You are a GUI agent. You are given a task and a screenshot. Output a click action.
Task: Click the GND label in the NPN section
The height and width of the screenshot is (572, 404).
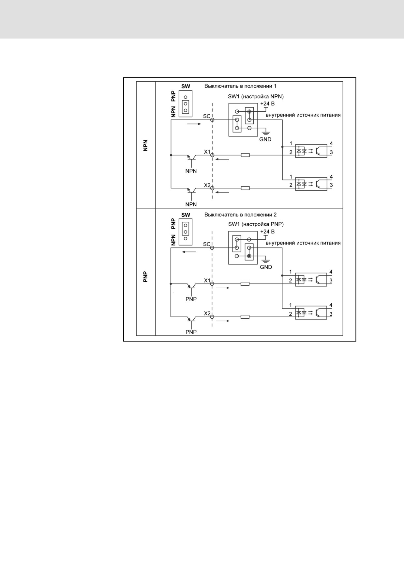point(265,139)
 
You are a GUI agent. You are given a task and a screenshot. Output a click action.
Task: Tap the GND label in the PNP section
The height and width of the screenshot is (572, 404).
point(266,267)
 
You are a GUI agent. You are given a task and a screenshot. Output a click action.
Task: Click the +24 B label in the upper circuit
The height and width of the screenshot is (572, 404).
point(267,103)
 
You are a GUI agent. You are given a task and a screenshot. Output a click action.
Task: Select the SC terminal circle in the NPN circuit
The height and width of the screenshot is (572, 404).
point(212,120)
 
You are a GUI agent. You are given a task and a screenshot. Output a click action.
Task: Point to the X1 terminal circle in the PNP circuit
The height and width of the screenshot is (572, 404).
point(212,284)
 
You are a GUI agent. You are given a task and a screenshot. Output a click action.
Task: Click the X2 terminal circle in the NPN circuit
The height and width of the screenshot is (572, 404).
point(212,188)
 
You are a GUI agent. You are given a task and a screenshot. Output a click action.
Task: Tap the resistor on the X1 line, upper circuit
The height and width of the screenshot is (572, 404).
point(245,155)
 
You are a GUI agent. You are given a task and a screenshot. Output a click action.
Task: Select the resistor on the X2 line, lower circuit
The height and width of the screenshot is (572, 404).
point(245,317)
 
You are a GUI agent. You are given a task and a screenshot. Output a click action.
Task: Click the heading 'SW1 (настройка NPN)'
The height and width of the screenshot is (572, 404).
point(256,97)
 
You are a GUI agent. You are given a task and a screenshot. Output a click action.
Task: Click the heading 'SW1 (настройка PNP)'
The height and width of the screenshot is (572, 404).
point(256,224)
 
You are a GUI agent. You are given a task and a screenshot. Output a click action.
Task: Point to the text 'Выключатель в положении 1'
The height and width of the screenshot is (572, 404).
point(240,86)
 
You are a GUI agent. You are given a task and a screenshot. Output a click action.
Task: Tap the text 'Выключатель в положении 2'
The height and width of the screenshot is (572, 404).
point(240,215)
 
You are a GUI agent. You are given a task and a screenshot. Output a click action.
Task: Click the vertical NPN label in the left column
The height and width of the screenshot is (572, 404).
point(146,146)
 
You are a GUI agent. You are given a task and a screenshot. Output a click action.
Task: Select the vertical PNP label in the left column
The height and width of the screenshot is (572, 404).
point(146,277)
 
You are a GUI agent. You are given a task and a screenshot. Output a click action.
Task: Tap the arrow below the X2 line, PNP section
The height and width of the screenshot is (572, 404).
point(223,321)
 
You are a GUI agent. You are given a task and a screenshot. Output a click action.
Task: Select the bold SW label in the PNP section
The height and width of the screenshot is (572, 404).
point(186,215)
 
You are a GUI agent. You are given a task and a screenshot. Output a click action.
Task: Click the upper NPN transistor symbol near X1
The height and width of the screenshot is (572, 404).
point(192,157)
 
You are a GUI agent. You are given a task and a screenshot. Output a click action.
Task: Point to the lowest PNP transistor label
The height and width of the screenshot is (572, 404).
point(191,332)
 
